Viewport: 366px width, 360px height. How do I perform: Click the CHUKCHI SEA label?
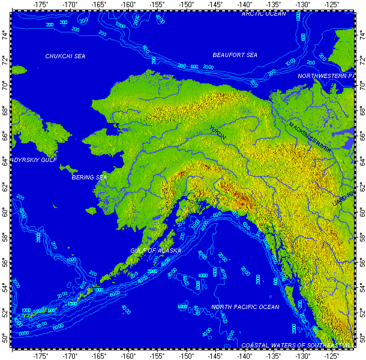click(65, 56)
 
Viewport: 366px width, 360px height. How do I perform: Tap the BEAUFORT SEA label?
click(235, 55)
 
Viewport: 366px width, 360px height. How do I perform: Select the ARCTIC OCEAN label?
click(265, 13)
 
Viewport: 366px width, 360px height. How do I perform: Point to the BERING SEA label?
click(89, 178)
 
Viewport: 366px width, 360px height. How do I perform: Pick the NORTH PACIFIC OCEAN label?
click(245, 307)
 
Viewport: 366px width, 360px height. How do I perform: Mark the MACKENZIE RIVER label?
click(310, 137)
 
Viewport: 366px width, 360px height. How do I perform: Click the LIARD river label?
click(343, 199)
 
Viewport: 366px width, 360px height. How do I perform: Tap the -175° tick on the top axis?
click(41, 5)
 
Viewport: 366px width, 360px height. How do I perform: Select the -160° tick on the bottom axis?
click(128, 355)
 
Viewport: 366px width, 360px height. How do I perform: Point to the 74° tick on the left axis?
click(5, 35)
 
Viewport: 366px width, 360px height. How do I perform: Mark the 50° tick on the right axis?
click(361, 340)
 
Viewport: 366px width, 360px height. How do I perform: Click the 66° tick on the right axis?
click(361, 137)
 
